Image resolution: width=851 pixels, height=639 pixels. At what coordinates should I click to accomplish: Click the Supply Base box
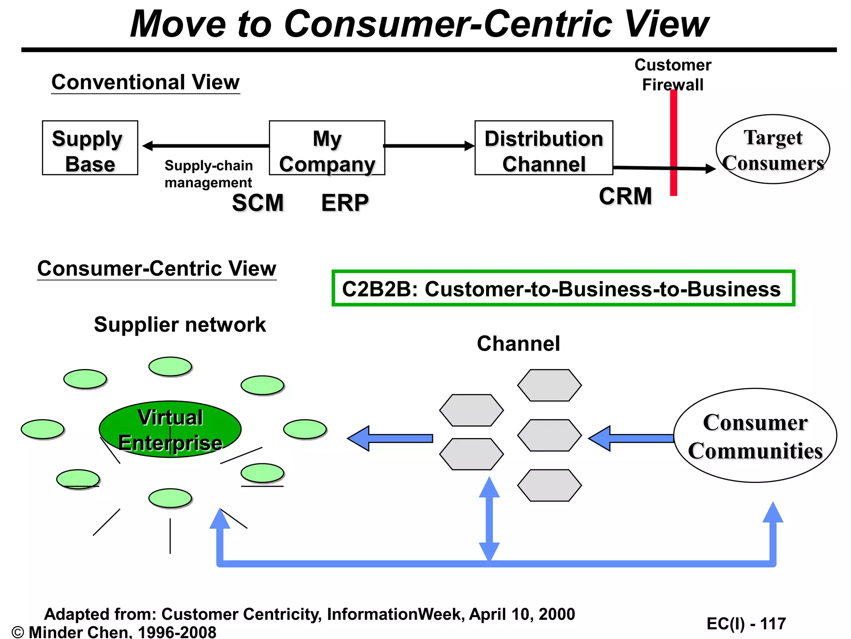(90, 148)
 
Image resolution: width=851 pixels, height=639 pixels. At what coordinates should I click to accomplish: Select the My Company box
(327, 148)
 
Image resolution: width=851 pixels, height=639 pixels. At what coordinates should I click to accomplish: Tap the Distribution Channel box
(544, 148)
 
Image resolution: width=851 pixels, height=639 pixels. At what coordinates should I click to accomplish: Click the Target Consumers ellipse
(772, 149)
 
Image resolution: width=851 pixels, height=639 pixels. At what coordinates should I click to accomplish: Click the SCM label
(258, 203)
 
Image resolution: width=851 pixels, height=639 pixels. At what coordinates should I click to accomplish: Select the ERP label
(345, 203)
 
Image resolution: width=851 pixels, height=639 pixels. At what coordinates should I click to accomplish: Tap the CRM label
(625, 196)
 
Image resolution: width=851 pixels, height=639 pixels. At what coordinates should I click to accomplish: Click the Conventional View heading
(145, 82)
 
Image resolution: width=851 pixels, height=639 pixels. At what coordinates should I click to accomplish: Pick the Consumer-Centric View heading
(157, 268)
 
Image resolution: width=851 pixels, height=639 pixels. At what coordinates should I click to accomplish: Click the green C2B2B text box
(563, 288)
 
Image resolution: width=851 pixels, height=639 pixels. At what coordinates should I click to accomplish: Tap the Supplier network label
(180, 324)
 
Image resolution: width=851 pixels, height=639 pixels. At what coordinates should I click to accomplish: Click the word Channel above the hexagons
(518, 344)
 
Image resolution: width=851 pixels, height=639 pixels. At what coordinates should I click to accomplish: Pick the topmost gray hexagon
(549, 385)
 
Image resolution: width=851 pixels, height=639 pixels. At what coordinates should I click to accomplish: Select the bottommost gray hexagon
(549, 485)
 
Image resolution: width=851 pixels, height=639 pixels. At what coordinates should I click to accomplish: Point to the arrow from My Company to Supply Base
(206, 146)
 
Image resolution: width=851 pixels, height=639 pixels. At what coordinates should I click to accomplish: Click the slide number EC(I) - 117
(746, 624)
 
